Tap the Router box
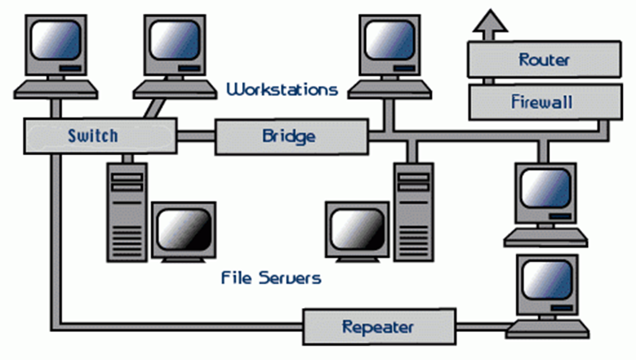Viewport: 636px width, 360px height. click(544, 59)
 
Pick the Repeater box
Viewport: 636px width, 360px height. click(379, 327)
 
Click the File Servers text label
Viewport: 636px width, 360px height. click(271, 277)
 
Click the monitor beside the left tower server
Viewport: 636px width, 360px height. click(183, 231)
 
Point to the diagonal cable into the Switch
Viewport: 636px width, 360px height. click(153, 107)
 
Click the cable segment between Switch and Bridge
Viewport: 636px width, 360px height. click(196, 136)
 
